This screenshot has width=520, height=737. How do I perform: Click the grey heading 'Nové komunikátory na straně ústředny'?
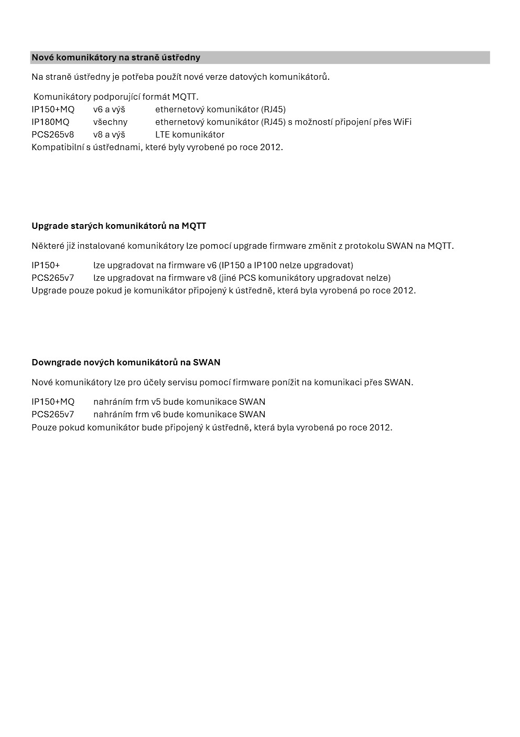point(116,57)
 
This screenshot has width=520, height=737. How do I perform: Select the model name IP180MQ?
point(50,122)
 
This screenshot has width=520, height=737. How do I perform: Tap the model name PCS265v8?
point(53,134)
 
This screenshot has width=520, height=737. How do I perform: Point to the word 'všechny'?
point(110,122)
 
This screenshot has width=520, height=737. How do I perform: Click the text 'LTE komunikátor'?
point(190,134)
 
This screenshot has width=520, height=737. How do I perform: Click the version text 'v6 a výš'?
point(109,109)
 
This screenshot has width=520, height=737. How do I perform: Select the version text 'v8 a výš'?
point(109,134)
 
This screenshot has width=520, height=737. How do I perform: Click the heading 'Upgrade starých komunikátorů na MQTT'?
point(119,226)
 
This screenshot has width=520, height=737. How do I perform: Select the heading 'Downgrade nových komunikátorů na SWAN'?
point(126,362)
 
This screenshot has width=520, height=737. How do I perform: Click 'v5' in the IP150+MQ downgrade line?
point(156,402)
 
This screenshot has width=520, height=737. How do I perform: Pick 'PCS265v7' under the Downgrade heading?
point(53,414)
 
